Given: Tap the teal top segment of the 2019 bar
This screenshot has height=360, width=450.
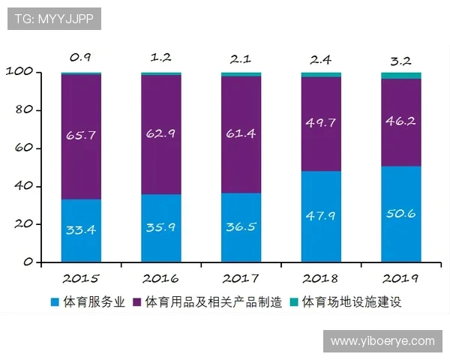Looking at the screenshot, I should point(400,75).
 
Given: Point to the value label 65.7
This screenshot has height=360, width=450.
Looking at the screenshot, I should point(81,136).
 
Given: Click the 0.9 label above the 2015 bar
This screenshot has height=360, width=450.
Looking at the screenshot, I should point(81,57).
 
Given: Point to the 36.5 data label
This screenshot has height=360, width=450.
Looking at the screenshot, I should point(241,226).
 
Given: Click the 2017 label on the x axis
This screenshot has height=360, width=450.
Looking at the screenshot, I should point(241,278).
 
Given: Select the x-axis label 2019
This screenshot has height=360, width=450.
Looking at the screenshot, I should point(400,278).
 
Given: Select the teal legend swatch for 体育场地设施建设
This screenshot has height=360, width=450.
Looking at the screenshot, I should point(294,303).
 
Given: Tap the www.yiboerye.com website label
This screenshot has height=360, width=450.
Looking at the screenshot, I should point(382,340).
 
